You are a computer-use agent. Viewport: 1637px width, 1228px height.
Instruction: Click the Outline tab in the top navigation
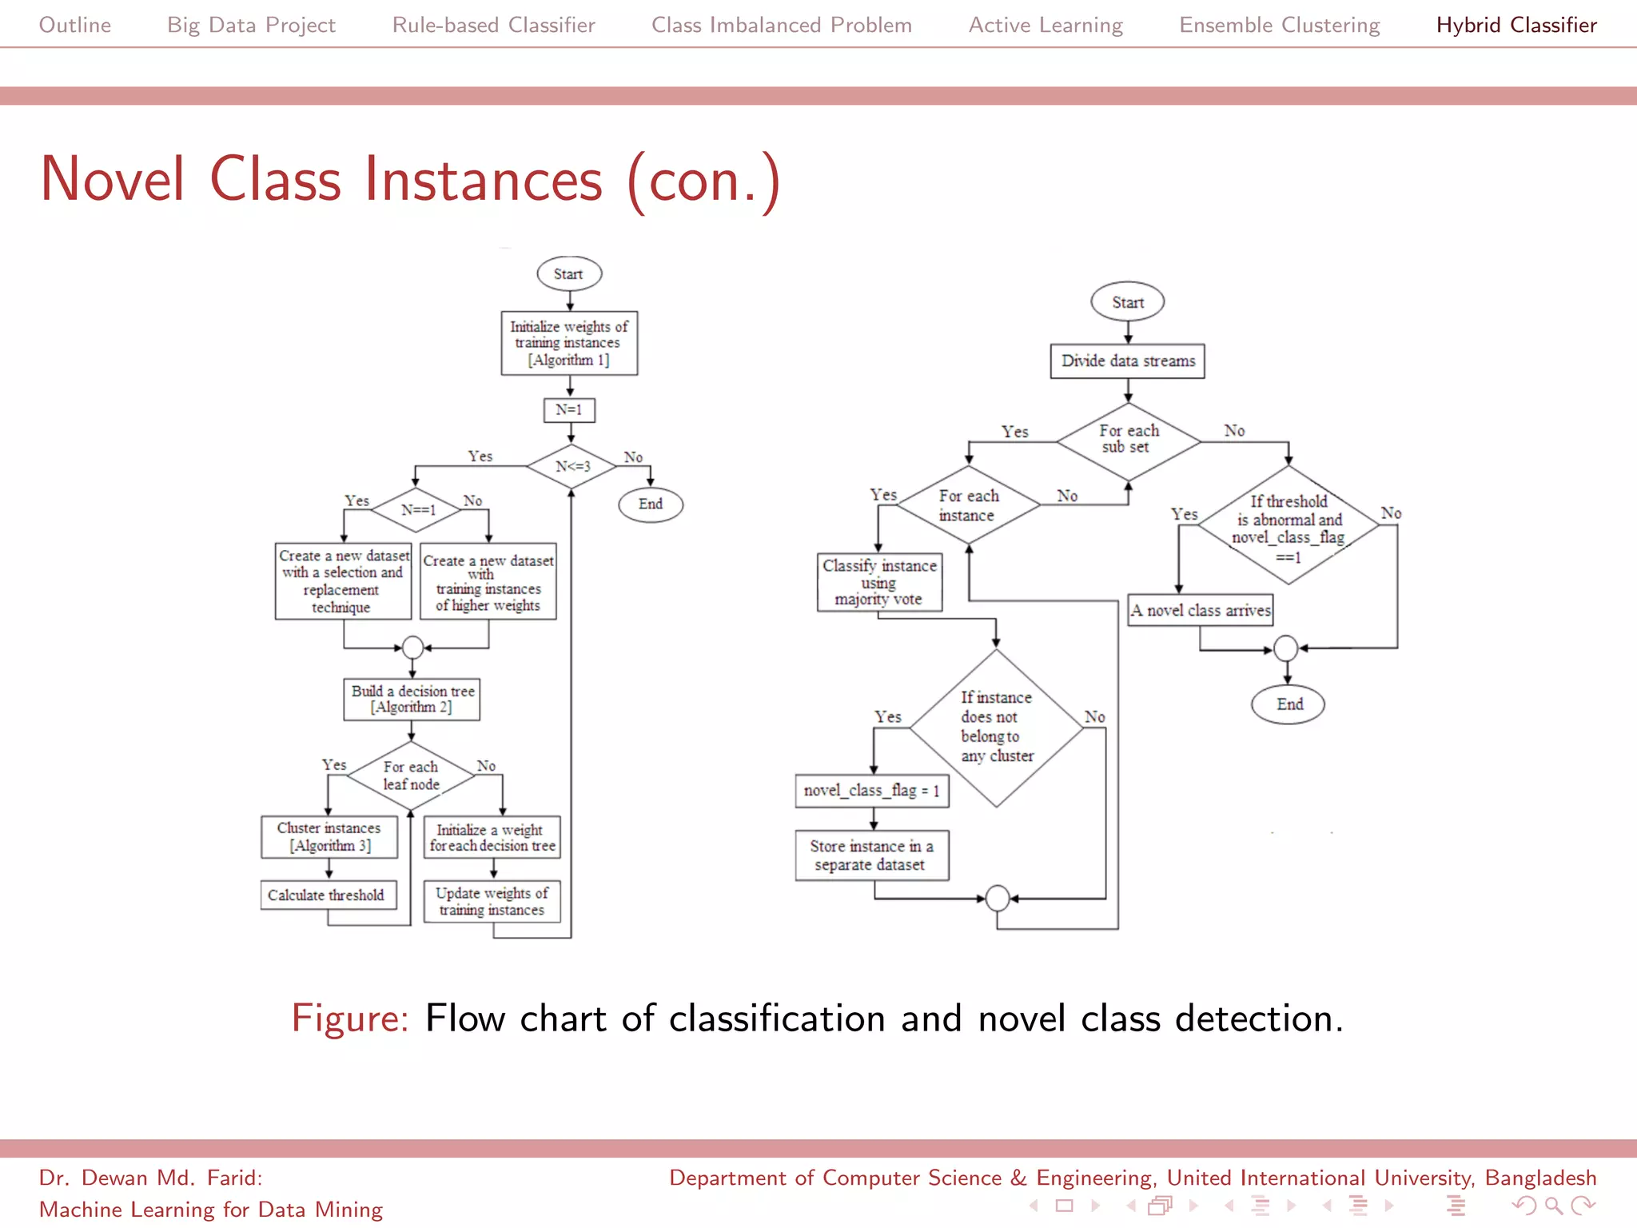75,25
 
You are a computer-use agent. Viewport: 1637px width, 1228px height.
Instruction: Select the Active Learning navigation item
1046,25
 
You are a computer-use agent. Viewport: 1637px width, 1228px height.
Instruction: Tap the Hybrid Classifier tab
1516,25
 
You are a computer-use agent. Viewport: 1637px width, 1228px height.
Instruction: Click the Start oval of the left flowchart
569,274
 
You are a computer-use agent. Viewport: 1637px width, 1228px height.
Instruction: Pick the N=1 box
569,409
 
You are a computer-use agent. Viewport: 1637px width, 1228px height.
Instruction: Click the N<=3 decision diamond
572,466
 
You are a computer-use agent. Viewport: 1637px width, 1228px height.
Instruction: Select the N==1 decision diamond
418,510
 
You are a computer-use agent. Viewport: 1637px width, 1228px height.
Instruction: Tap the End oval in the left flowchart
651,504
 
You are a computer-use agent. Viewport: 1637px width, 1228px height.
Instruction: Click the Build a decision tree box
412,700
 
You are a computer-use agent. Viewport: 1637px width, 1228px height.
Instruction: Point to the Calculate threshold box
328,895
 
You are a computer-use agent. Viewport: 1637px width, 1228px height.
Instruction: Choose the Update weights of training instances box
492,902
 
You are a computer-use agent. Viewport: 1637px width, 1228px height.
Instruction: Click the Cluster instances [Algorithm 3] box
329,837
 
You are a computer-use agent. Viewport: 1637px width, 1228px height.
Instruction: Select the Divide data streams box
1127,361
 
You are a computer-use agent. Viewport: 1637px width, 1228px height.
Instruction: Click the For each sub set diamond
1128,440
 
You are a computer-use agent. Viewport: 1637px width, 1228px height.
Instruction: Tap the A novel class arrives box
1200,611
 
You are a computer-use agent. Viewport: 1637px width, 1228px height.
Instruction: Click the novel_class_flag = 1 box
872,791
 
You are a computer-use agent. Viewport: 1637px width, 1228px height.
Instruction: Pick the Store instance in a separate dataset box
872,855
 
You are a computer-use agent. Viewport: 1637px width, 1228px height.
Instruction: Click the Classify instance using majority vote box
879,583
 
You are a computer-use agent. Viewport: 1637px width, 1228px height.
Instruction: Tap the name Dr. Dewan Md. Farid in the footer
150,1178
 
